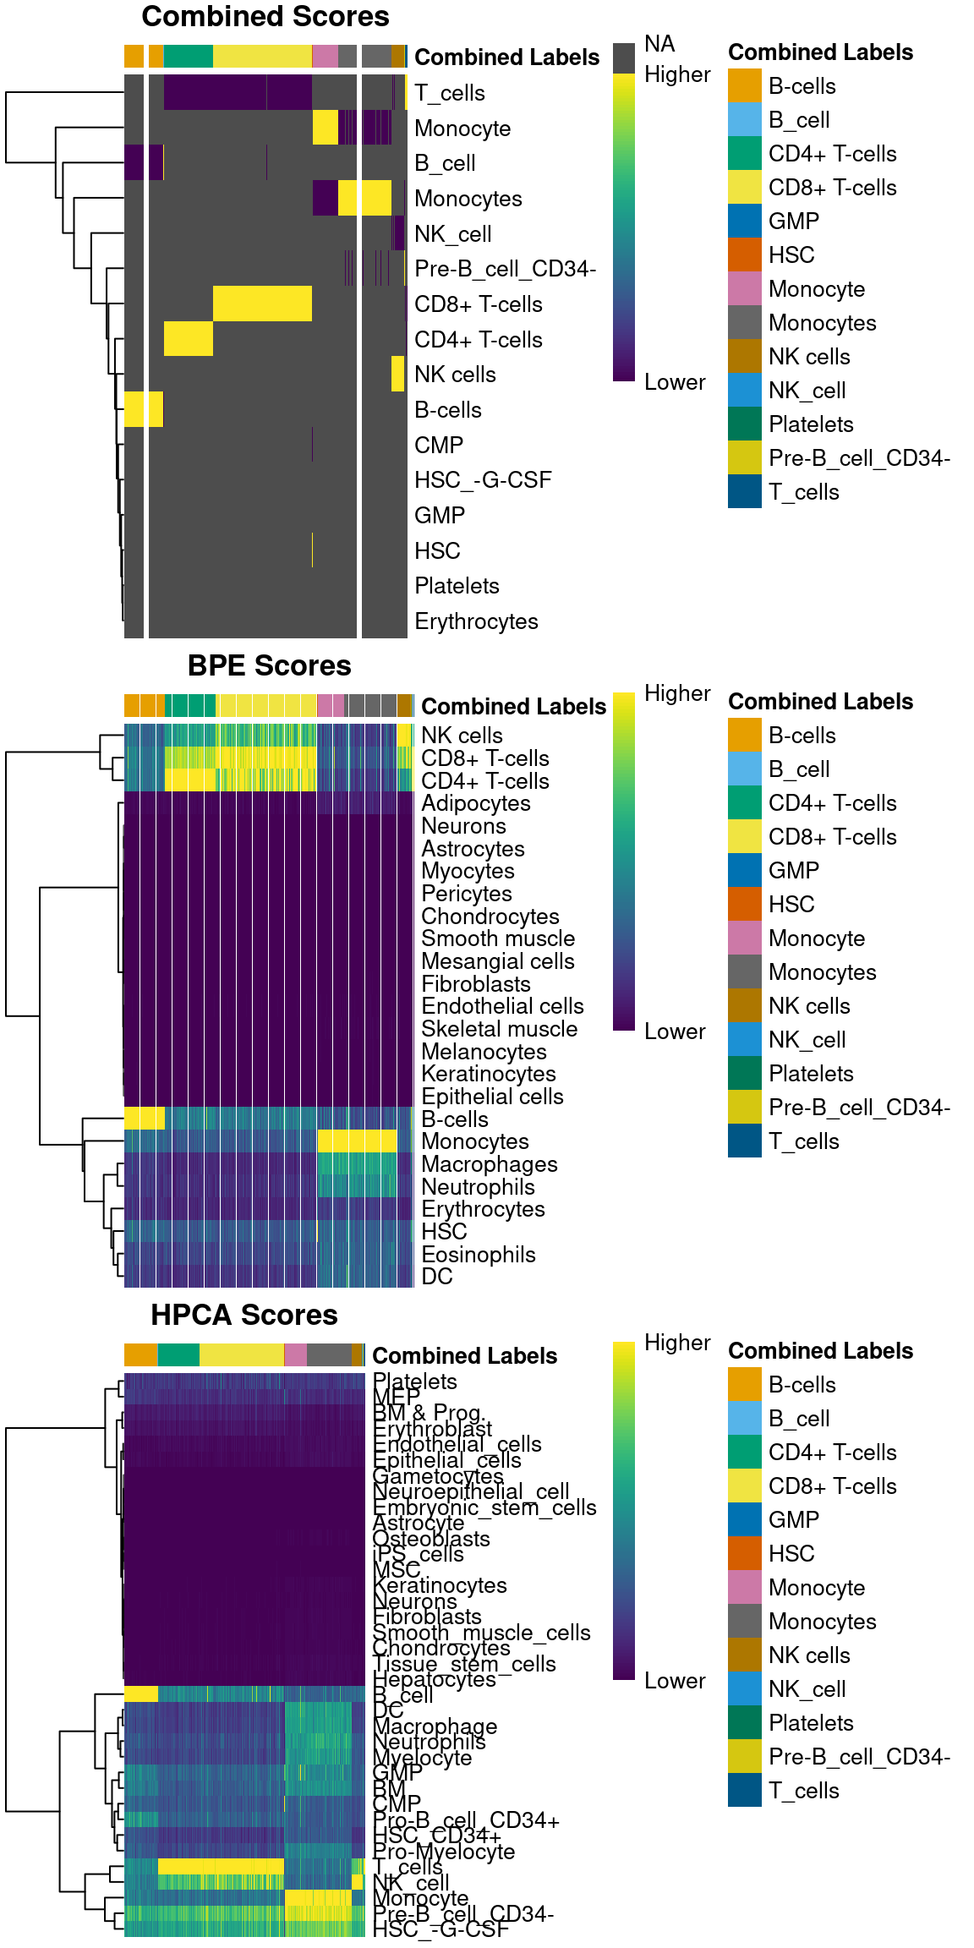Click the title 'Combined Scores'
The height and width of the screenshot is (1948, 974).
point(265,17)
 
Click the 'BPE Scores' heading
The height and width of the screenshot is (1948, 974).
point(269,666)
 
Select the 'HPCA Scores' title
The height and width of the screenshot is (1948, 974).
point(243,1316)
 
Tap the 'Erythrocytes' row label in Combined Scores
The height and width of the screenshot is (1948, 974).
point(476,621)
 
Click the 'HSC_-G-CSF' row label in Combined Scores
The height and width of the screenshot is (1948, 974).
point(483,480)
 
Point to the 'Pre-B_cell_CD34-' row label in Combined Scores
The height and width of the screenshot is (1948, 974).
point(505,269)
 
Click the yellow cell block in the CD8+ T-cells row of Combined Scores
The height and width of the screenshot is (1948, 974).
point(262,304)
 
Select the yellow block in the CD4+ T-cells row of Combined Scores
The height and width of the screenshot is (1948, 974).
point(188,339)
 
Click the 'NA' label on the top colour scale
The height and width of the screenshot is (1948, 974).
point(659,44)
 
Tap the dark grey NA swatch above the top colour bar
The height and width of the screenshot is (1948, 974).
point(624,58)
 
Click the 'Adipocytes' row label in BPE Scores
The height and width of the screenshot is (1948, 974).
point(476,803)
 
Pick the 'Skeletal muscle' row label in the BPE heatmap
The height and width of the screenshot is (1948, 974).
point(499,1029)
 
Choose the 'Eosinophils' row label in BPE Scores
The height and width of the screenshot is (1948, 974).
point(479,1255)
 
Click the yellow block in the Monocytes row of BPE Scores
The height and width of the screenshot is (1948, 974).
point(357,1141)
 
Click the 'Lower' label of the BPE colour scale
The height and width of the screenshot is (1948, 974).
point(675,1031)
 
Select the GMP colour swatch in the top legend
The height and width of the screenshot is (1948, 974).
point(745,222)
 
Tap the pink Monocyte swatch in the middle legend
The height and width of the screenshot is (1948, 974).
point(745,938)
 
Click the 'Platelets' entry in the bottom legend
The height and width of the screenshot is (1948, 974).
point(811,1723)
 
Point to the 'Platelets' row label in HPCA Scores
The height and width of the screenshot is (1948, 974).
point(415,1382)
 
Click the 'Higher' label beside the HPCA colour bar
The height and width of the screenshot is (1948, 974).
point(677,1343)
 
